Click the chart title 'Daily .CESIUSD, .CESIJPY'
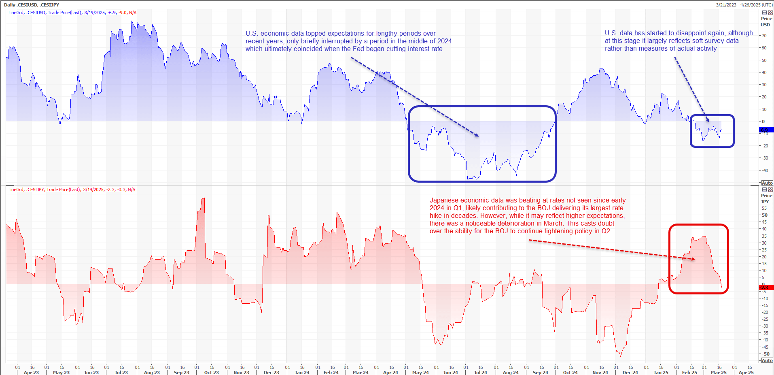point(32,5)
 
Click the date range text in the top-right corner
point(744,5)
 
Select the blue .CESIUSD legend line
point(72,13)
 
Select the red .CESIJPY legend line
point(72,190)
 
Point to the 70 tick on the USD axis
point(764,36)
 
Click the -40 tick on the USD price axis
point(764,170)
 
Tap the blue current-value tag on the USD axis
point(766,130)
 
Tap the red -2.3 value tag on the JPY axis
point(766,288)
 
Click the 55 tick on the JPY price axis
point(764,208)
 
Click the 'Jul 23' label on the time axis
point(121,373)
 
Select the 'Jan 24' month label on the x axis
point(302,373)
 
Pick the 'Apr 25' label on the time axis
point(746,373)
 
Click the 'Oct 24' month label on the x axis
point(570,373)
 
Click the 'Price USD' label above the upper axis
point(766,22)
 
